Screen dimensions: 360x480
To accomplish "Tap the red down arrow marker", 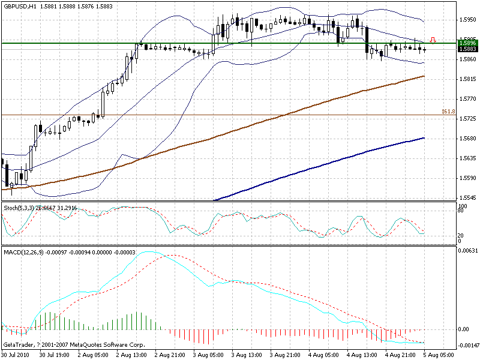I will point(433,40).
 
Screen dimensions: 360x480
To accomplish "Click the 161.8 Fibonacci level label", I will point(448,112).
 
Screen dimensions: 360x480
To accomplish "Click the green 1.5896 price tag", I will point(467,43).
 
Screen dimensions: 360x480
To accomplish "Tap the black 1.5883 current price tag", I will point(467,49).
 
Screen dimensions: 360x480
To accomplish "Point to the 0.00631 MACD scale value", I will point(467,250).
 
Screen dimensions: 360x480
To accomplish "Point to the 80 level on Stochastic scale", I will point(461,211).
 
